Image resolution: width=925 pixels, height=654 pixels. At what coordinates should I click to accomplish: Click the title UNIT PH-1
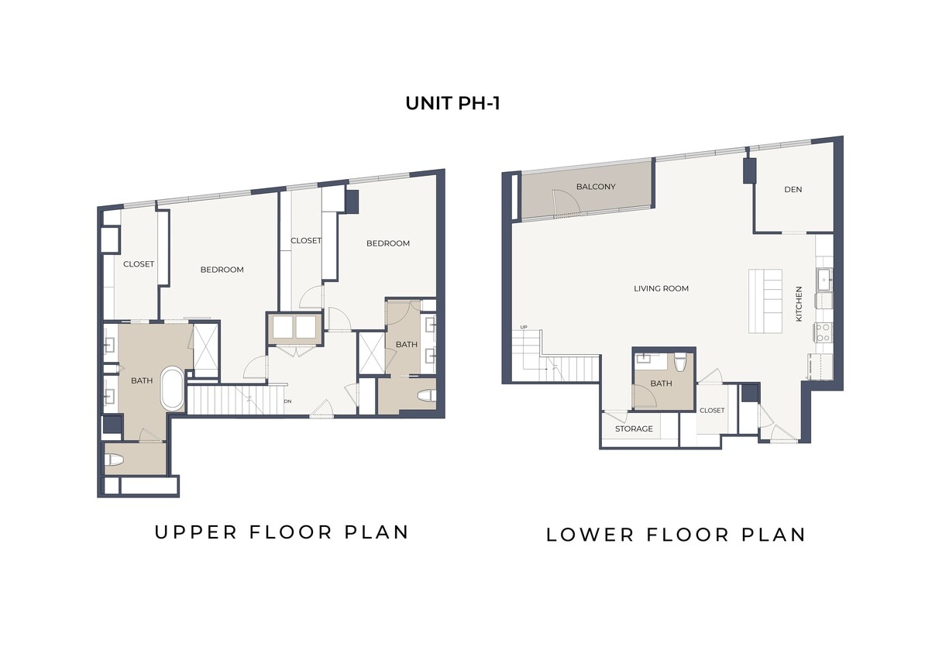[x=452, y=103]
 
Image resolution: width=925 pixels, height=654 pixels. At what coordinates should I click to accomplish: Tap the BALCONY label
[x=596, y=187]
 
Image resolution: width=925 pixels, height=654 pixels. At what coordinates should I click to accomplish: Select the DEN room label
[x=793, y=189]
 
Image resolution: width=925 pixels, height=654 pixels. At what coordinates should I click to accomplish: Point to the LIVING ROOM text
[x=661, y=289]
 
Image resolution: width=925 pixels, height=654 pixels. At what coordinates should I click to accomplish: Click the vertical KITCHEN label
[x=799, y=305]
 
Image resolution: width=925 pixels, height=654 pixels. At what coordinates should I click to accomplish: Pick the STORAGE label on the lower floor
[x=634, y=429]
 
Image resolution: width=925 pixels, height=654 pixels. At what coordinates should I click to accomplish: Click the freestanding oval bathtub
[x=172, y=389]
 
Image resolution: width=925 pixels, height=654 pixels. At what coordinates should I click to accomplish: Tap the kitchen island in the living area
[x=765, y=301]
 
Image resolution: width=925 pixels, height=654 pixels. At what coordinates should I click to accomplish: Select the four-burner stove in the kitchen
[x=824, y=333]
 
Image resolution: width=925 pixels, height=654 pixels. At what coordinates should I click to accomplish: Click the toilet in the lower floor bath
[x=681, y=362]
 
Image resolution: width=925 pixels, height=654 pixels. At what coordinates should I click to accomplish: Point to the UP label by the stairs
[x=524, y=327]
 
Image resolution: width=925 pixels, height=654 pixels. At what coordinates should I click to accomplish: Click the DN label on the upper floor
[x=287, y=401]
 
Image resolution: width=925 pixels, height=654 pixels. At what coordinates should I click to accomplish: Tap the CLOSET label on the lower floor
[x=711, y=411]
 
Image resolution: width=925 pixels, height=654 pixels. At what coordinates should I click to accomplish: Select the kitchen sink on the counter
[x=824, y=277]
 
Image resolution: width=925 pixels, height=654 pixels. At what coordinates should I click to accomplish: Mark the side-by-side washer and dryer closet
[x=293, y=328]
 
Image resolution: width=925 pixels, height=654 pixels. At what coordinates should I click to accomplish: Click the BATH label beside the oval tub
[x=142, y=380]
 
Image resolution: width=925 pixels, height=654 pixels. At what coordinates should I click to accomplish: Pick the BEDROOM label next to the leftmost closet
[x=222, y=270]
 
